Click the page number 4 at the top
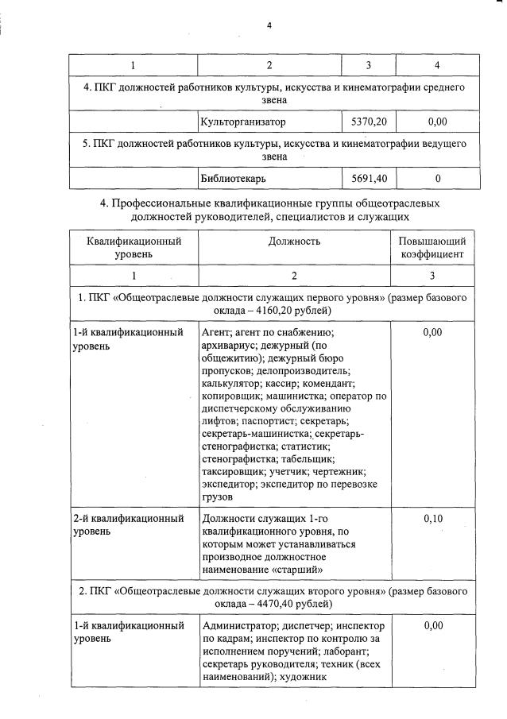269,25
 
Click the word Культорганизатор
243,122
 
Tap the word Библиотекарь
234,178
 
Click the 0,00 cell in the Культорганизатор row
437,122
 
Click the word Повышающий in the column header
432,241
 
